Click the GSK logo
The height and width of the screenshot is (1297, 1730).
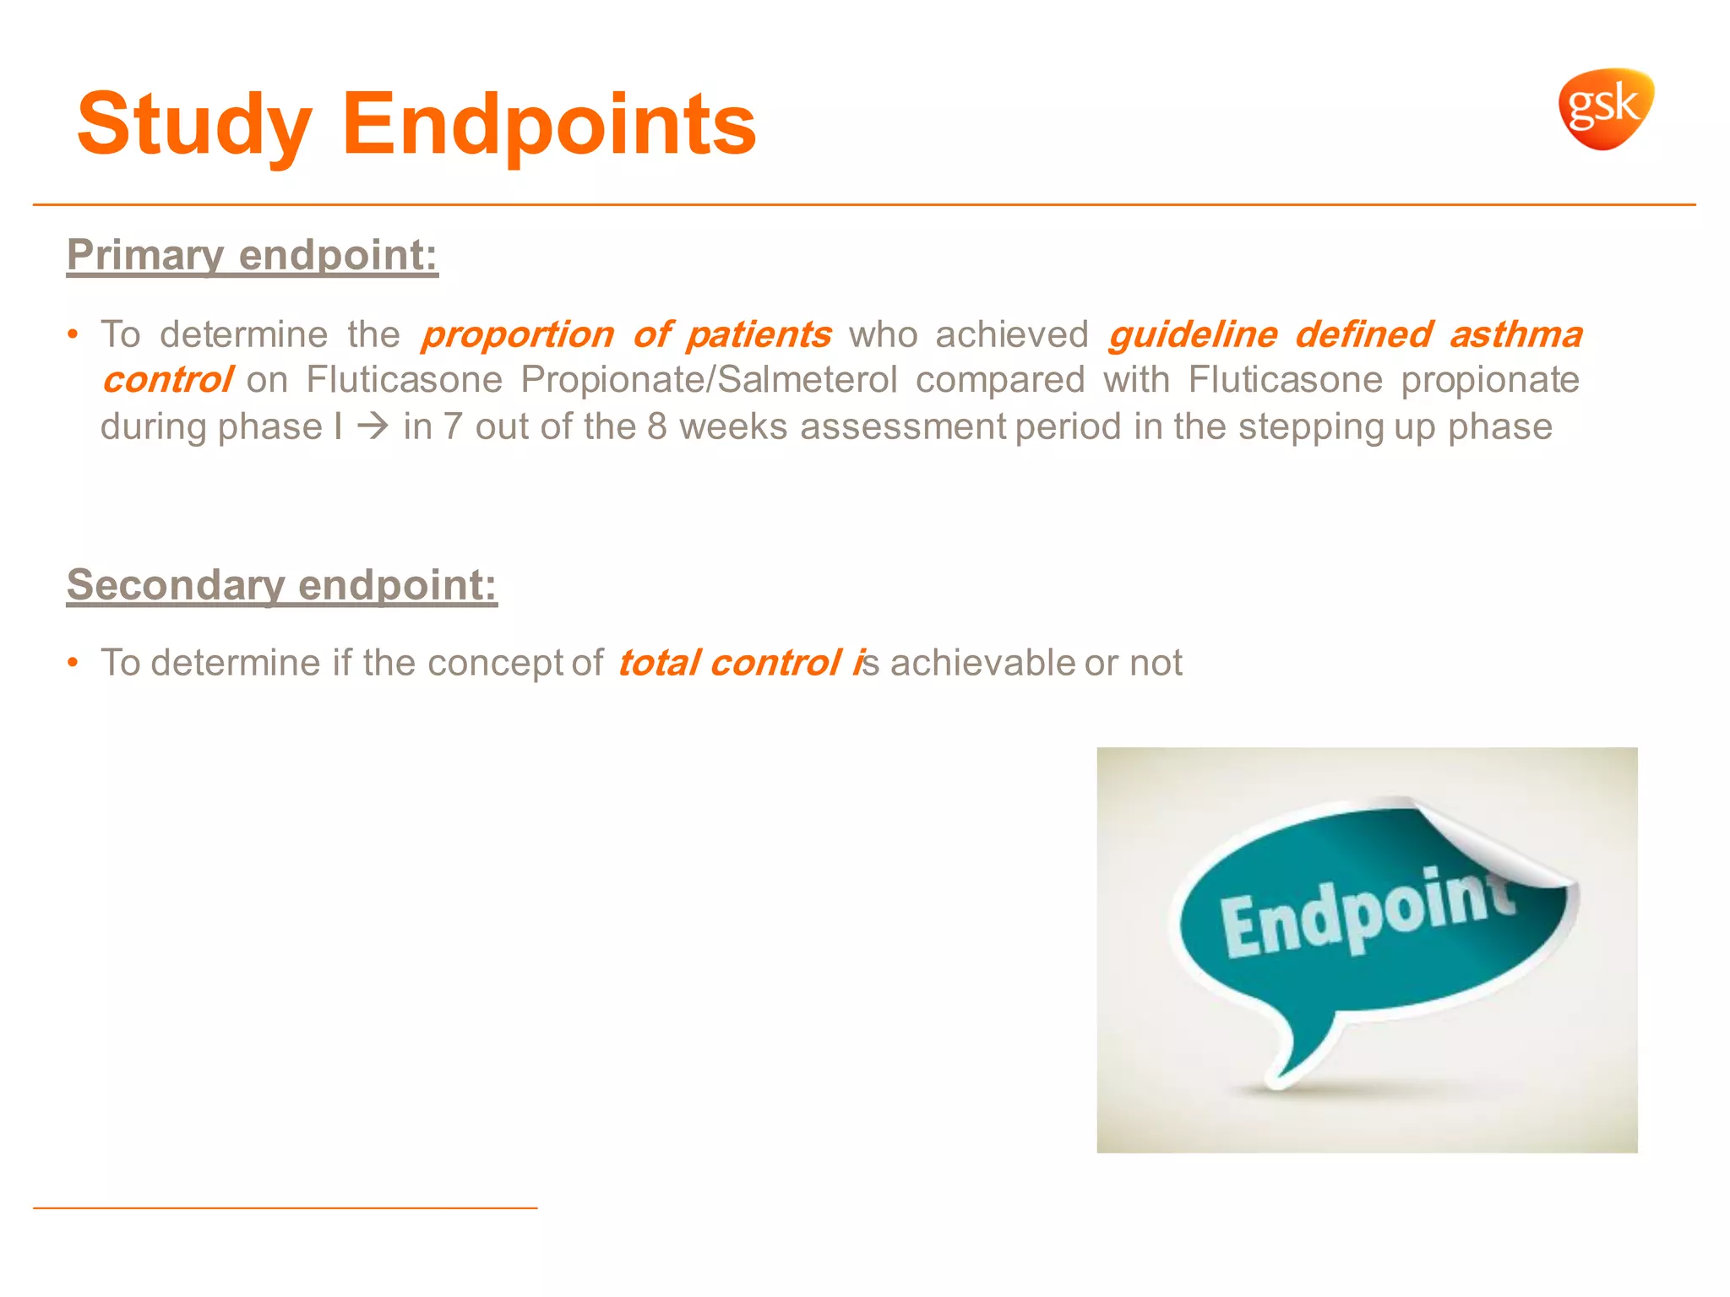1605,109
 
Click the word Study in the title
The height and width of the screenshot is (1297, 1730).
194,126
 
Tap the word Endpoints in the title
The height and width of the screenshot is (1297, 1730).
548,126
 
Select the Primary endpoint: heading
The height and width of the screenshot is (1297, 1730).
253,255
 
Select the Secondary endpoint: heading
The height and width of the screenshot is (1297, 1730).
282,585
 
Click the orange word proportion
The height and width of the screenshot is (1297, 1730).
517,335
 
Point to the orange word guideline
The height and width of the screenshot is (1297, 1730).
1193,335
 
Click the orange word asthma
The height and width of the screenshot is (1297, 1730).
1516,335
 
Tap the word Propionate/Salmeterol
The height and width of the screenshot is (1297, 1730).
708,380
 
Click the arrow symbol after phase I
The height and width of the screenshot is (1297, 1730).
372,426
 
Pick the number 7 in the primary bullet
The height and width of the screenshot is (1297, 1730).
453,426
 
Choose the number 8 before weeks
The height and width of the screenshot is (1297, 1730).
657,426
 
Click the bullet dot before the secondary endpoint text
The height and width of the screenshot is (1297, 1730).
73,663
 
